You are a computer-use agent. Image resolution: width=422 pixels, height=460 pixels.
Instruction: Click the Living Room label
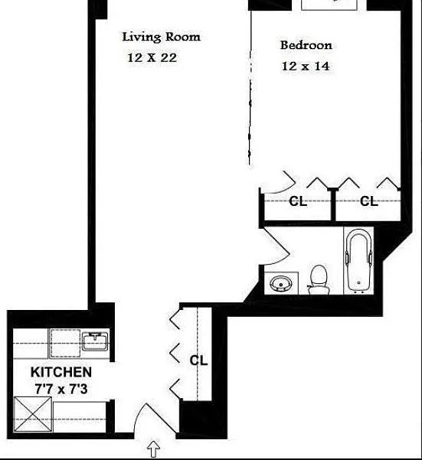pos(161,38)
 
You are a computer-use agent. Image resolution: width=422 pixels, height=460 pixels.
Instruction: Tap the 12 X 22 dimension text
pos(152,57)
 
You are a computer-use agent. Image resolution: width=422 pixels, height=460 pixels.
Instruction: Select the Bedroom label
pos(306,45)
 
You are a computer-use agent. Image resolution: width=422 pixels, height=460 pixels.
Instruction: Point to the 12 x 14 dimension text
pos(306,66)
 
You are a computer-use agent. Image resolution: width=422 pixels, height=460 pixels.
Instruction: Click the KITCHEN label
pos(61,372)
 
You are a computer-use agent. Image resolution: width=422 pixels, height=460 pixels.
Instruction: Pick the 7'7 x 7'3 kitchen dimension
pos(61,389)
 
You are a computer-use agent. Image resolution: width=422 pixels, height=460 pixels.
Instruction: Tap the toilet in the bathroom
pos(318,279)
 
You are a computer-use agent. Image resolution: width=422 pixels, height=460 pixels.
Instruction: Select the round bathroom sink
pos(281,284)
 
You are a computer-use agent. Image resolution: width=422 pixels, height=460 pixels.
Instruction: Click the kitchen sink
pos(95,341)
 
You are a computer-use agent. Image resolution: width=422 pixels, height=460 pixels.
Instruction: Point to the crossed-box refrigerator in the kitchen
pos(33,414)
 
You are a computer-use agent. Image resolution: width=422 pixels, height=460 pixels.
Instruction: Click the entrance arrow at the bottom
pos(153,449)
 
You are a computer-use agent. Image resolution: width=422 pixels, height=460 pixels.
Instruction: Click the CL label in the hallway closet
pos(198,360)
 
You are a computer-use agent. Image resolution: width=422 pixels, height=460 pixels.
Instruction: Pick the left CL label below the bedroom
pos(298,201)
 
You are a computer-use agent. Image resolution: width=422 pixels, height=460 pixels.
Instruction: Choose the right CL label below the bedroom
pos(369,201)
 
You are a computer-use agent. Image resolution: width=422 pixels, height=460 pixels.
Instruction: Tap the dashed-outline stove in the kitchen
pos(65,343)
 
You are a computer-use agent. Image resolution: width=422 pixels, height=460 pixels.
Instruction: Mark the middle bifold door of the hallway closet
pos(175,352)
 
